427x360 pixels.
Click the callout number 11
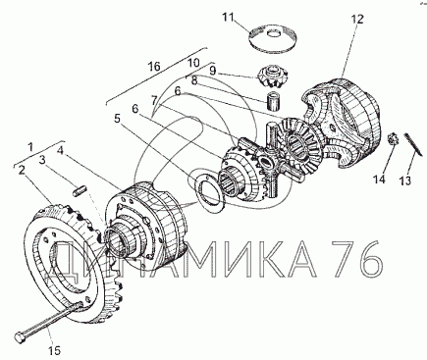pyautogui.click(x=229, y=17)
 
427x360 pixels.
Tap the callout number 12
pyautogui.click(x=357, y=20)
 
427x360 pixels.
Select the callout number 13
pyautogui.click(x=405, y=180)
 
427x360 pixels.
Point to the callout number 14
pyautogui.click(x=380, y=180)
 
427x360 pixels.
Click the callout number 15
pyautogui.click(x=55, y=351)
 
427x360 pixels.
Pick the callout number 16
pyautogui.click(x=154, y=67)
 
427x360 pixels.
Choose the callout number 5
pyautogui.click(x=118, y=119)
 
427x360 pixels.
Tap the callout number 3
pyautogui.click(x=42, y=160)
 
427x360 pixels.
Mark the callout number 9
pyautogui.click(x=213, y=71)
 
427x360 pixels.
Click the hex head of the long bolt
pyautogui.click(x=21, y=337)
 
